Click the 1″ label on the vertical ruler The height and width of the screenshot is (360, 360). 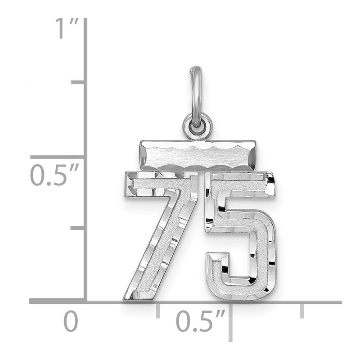(67, 28)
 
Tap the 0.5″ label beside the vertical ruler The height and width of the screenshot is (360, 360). (54, 175)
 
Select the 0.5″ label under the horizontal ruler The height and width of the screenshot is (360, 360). (200, 320)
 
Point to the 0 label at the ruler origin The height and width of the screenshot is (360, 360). (71, 321)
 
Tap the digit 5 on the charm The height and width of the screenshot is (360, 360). (240, 237)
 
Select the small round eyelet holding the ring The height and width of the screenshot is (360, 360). (198, 127)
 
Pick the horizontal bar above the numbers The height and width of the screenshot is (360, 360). (198, 156)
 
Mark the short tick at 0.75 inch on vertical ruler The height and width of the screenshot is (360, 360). (78, 82)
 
